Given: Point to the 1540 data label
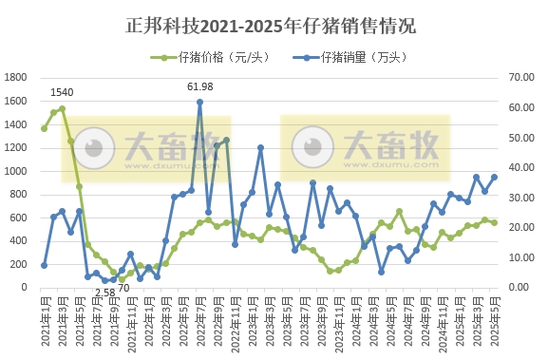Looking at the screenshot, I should pyautogui.click(x=62, y=92).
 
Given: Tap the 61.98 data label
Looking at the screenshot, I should pyautogui.click(x=199, y=87).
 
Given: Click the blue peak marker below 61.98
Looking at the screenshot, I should pyautogui.click(x=199, y=103).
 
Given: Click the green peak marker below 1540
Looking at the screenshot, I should pyautogui.click(x=62, y=108).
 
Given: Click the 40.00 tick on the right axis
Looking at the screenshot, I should pyautogui.click(x=524, y=168).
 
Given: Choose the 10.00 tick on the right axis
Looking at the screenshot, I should pyautogui.click(x=524, y=257).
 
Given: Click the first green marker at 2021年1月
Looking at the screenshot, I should pyautogui.click(x=45, y=128).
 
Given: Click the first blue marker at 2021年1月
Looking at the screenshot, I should pyautogui.click(x=45, y=265).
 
